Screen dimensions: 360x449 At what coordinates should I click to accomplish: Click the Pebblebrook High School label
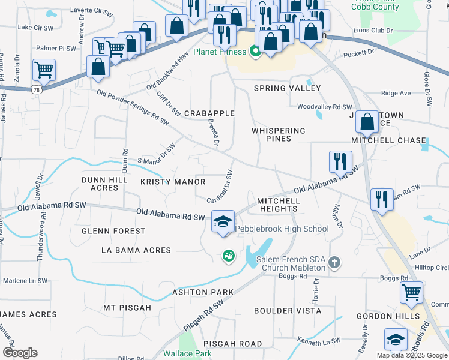tap(282, 229)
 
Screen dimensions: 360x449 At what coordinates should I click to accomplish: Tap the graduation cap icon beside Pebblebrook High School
tap(222, 223)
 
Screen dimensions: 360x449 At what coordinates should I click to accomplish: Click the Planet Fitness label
tap(219, 52)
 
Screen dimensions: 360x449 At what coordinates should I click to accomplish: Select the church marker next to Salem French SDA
tap(334, 262)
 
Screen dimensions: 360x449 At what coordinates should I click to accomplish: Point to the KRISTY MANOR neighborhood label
tap(173, 182)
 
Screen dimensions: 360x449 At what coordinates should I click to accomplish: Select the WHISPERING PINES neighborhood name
tap(279, 134)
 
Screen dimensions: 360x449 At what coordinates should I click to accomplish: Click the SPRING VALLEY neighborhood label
tap(287, 88)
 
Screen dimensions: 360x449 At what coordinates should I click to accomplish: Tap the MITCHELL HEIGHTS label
tap(277, 205)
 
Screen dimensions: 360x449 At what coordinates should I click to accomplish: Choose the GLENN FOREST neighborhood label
tap(114, 231)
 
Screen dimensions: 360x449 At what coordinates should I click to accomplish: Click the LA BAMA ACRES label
tap(136, 250)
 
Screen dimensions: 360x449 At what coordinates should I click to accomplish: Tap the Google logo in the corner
tap(20, 353)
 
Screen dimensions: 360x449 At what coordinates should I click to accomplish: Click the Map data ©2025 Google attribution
tap(412, 355)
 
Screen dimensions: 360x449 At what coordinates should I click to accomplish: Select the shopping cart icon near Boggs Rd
tap(411, 293)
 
